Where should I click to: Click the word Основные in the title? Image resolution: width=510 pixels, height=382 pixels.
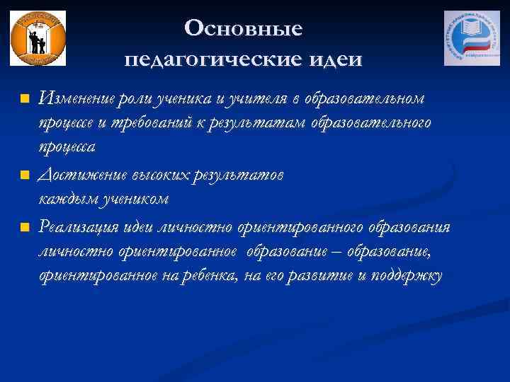click(243, 29)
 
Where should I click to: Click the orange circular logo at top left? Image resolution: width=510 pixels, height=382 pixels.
click(38, 38)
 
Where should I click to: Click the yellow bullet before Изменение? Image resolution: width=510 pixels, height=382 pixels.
click(24, 97)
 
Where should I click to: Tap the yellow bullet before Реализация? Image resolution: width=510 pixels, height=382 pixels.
click(24, 226)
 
